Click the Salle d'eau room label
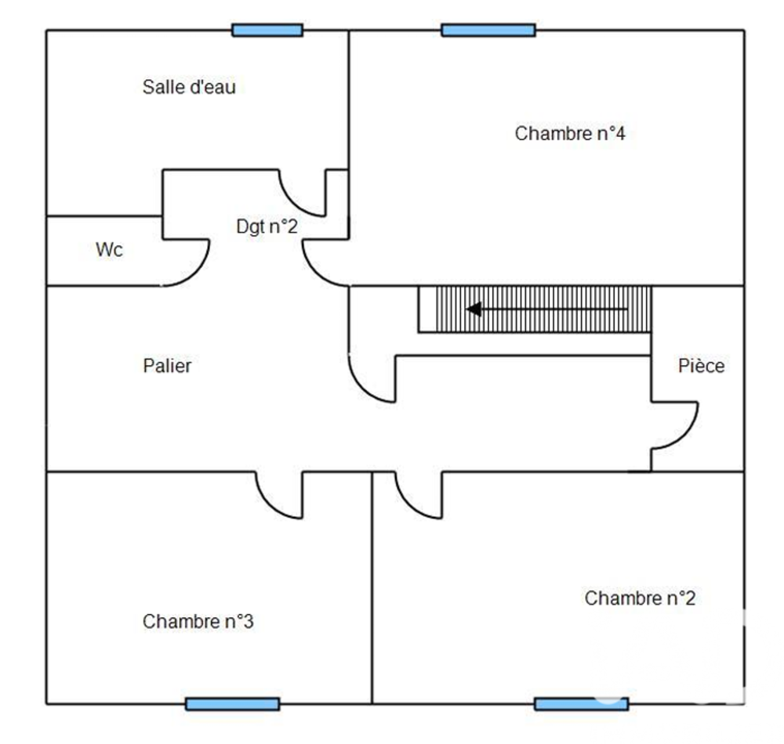pos(188,87)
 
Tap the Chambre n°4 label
pos(569,134)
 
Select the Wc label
pos(109,251)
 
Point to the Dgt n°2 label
pos(267,227)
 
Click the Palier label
pos(167,366)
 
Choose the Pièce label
pos(701,366)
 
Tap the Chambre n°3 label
pos(198,622)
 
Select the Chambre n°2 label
pos(640,598)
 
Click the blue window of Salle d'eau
pos(267,31)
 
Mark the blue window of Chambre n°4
pos(488,31)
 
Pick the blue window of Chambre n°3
pos(232,703)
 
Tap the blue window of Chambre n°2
pos(581,703)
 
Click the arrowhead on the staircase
pos(474,309)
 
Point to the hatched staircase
pos(549,309)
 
